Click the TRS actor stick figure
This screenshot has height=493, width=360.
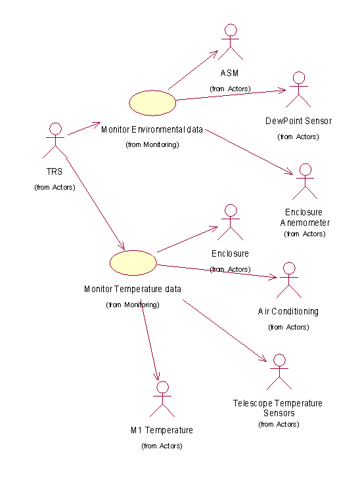tap(55, 140)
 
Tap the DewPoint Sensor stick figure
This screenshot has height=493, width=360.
tap(298, 90)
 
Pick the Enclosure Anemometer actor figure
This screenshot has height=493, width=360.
tap(305, 181)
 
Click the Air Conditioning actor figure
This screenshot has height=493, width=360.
tap(289, 280)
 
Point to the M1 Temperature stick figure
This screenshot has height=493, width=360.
tap(162, 399)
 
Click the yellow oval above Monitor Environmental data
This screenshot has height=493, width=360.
tap(152, 103)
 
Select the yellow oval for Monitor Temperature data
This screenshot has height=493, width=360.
tap(133, 263)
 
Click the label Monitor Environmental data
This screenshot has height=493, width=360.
tap(152, 129)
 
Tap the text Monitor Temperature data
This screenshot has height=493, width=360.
tap(133, 289)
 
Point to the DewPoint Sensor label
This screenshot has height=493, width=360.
tap(298, 121)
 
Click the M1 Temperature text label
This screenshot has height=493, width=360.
tap(162, 430)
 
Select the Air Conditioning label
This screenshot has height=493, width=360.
tap(288, 311)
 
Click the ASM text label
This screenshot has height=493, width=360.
tap(229, 73)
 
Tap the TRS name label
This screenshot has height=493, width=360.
tap(55, 171)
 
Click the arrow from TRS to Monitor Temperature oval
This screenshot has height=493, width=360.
tap(96, 204)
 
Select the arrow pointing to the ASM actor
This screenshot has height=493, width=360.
tap(193, 70)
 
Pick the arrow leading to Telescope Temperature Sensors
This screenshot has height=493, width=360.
tap(225, 331)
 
